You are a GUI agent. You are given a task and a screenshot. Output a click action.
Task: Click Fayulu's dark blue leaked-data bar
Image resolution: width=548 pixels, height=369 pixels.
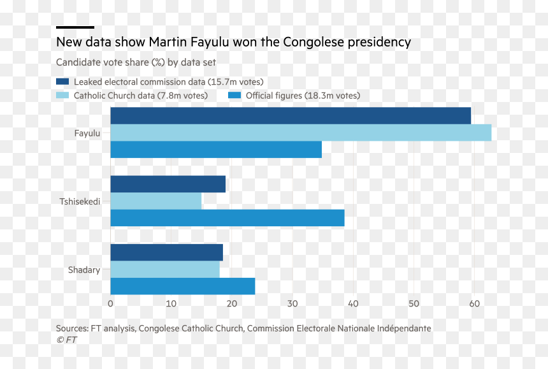[291, 115]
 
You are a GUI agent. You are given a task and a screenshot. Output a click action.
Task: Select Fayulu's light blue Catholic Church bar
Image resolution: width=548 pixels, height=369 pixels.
[301, 133]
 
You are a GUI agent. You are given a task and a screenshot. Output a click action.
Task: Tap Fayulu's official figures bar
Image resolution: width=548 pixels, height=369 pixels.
[216, 150]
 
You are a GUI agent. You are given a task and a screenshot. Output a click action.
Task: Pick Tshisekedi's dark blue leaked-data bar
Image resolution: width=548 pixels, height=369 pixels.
[168, 184]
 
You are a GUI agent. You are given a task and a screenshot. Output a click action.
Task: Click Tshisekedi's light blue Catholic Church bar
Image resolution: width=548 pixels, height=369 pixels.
[156, 201]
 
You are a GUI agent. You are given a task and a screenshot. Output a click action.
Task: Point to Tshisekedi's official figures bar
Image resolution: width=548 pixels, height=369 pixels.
[227, 218]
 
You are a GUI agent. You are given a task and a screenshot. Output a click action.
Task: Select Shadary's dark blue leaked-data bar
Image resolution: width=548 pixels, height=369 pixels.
[167, 252]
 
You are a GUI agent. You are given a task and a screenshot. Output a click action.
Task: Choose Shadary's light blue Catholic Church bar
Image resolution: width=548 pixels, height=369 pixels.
[165, 269]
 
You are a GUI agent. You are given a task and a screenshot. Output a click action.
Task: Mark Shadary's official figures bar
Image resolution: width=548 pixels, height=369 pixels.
[183, 286]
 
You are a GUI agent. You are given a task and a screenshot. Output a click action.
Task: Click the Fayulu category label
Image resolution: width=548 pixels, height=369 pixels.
[87, 133]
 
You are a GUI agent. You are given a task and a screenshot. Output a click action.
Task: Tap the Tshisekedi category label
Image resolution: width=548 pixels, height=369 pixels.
[80, 201]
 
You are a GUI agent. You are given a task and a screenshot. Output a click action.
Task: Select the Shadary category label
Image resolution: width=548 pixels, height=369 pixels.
[84, 270]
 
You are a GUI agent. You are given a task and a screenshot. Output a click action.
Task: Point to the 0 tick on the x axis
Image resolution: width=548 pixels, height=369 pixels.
[110, 303]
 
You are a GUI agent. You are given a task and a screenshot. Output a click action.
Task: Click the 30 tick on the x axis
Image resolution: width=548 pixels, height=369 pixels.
[292, 303]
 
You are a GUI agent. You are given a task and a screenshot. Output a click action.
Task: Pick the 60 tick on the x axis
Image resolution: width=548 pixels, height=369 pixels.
[474, 303]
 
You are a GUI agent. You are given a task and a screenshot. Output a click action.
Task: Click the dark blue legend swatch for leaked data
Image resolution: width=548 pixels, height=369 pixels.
[62, 82]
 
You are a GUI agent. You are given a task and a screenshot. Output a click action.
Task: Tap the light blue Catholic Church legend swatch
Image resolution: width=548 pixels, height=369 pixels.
[62, 95]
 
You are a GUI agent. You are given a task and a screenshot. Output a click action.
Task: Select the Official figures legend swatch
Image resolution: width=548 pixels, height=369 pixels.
[234, 95]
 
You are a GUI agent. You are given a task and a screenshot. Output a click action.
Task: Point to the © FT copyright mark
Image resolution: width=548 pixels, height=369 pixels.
[66, 340]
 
